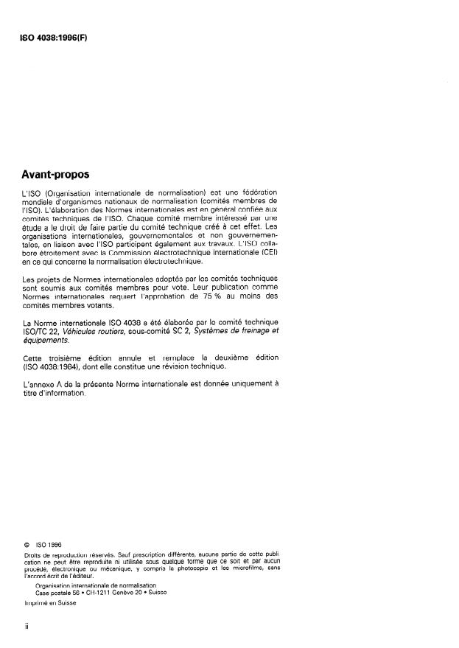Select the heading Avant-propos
(55, 175)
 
